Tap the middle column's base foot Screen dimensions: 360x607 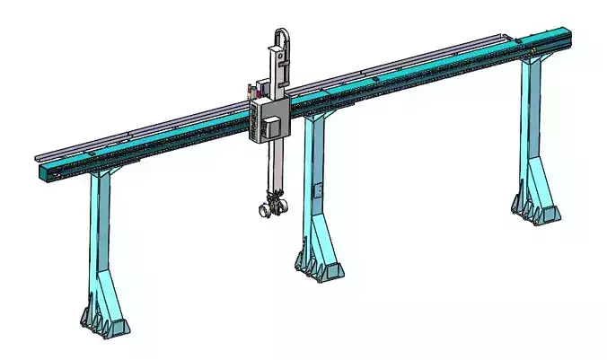point(319,264)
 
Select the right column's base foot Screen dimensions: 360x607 point(533,209)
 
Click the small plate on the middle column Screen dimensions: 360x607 point(316,191)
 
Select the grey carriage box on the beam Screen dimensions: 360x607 point(266,121)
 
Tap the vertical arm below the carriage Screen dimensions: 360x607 point(274,171)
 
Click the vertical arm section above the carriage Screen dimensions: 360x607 point(280,72)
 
